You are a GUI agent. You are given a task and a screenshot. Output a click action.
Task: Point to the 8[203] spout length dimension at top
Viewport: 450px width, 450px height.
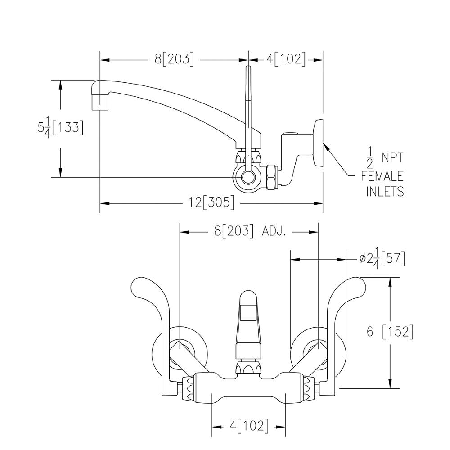[x=175, y=59]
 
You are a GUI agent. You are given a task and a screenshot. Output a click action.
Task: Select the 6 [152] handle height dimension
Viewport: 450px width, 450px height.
[x=390, y=332]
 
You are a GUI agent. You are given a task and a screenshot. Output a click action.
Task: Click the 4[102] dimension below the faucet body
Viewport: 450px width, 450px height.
[x=249, y=426]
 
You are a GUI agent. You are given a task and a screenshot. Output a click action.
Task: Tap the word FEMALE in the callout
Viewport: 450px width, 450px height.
[x=382, y=176]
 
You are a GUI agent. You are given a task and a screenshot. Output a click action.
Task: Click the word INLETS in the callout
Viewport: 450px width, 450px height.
[x=385, y=192]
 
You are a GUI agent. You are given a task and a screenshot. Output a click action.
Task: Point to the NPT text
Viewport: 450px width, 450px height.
[x=392, y=158]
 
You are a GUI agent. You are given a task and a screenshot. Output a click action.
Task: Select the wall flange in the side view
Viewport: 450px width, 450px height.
[x=318, y=143]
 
